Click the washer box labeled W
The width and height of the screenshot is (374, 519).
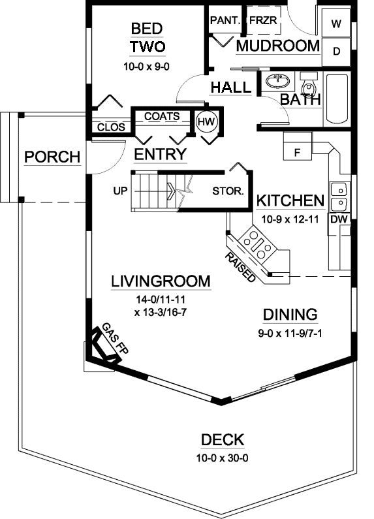pos(337,24)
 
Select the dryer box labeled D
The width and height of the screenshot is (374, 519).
pos(337,52)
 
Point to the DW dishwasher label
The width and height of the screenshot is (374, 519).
pos(338,220)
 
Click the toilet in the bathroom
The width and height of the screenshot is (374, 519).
pos(309,87)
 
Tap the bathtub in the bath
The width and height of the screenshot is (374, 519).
pos(337,99)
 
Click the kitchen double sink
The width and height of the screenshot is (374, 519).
pos(339,197)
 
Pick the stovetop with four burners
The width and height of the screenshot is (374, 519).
pos(256,244)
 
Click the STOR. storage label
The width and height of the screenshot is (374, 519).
pos(228,192)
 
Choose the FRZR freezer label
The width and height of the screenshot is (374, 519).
pos(264,20)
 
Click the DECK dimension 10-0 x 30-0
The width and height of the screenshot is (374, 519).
pos(222,458)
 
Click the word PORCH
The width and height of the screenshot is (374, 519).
pos(52,157)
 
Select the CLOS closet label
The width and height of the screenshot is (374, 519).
pos(109,127)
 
